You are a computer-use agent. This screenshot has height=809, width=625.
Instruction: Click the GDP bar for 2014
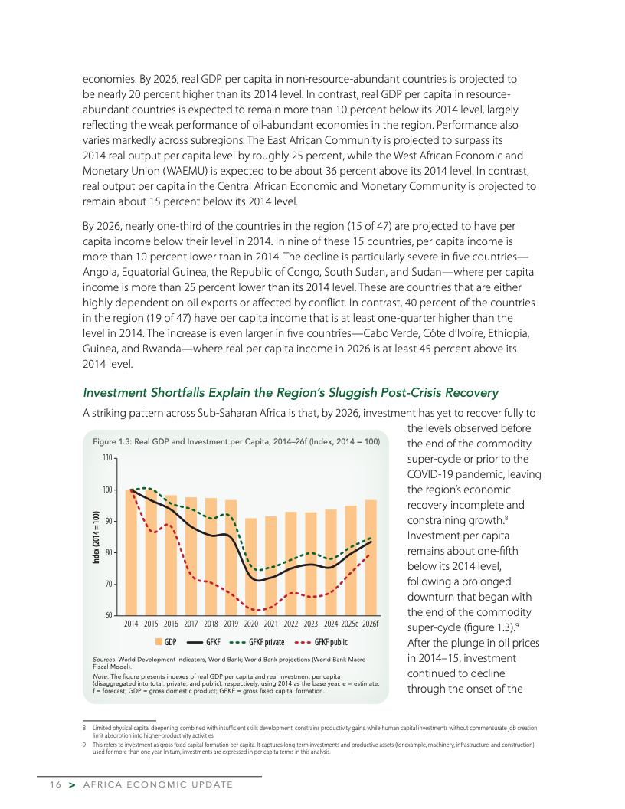pyautogui.click(x=130, y=552)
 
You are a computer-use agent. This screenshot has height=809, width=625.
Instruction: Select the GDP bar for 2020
pyautogui.click(x=250, y=567)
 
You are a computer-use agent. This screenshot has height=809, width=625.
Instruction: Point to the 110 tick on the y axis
pyautogui.click(x=107, y=458)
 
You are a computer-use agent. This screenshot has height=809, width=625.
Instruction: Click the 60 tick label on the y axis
pyautogui.click(x=107, y=615)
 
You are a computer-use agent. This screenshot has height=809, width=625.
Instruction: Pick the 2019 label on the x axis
pyautogui.click(x=231, y=624)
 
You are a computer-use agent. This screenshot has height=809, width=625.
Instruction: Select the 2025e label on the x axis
pyautogui.click(x=350, y=624)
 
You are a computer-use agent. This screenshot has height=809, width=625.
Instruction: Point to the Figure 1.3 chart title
pyautogui.click(x=236, y=442)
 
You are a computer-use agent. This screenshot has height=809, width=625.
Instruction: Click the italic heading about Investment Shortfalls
pyautogui.click(x=290, y=392)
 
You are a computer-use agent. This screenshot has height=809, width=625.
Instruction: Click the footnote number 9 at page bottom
pyautogui.click(x=84, y=744)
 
